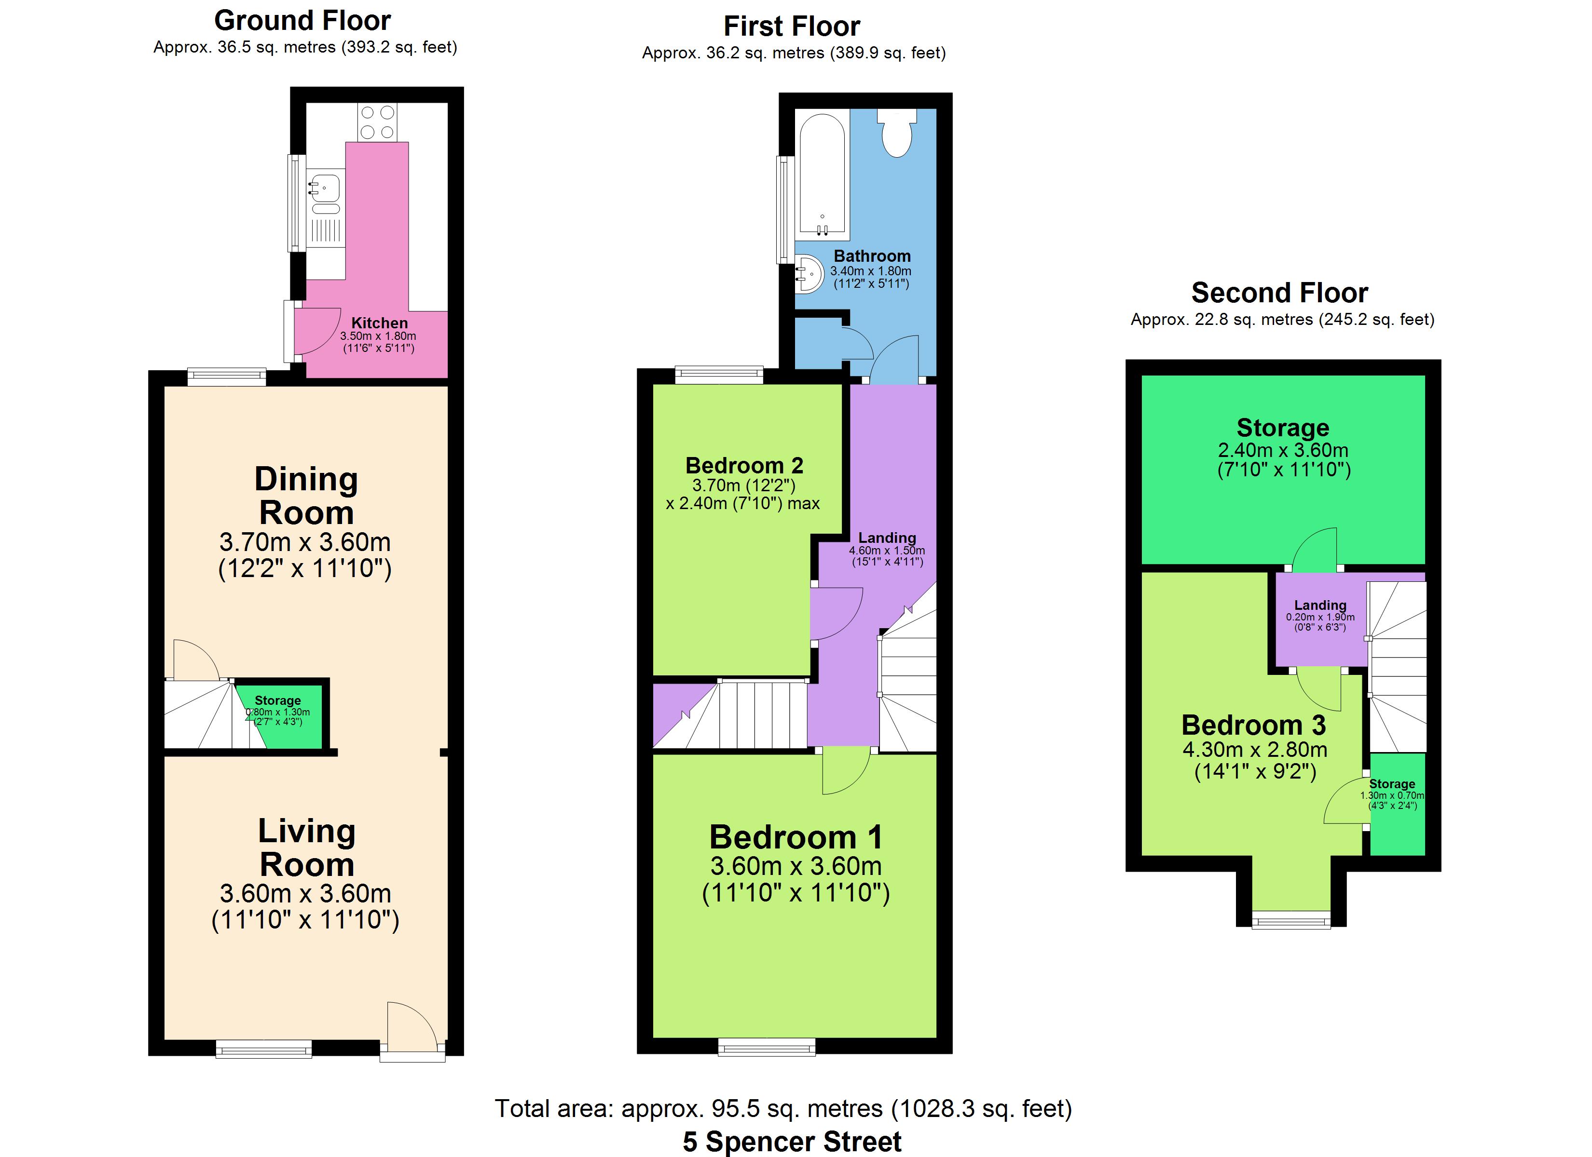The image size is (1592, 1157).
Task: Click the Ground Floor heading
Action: pyautogui.click(x=302, y=20)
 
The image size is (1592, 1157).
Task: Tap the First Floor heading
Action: pyautogui.click(x=792, y=27)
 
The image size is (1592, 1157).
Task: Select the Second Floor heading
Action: pyautogui.click(x=1280, y=292)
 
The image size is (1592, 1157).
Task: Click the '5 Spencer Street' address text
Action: pyautogui.click(x=792, y=1142)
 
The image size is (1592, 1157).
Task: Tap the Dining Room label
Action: pyautogui.click(x=306, y=496)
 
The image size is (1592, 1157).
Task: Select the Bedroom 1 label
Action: pyautogui.click(x=796, y=836)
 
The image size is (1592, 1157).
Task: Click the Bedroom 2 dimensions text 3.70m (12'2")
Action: pyautogui.click(x=743, y=485)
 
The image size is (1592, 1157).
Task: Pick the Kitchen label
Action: pyautogui.click(x=379, y=323)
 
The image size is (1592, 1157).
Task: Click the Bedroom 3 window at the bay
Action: pyautogui.click(x=1291, y=919)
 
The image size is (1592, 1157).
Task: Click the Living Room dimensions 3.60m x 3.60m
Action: pyautogui.click(x=305, y=893)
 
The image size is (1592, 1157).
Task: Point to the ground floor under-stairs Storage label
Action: pyautogui.click(x=277, y=700)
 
